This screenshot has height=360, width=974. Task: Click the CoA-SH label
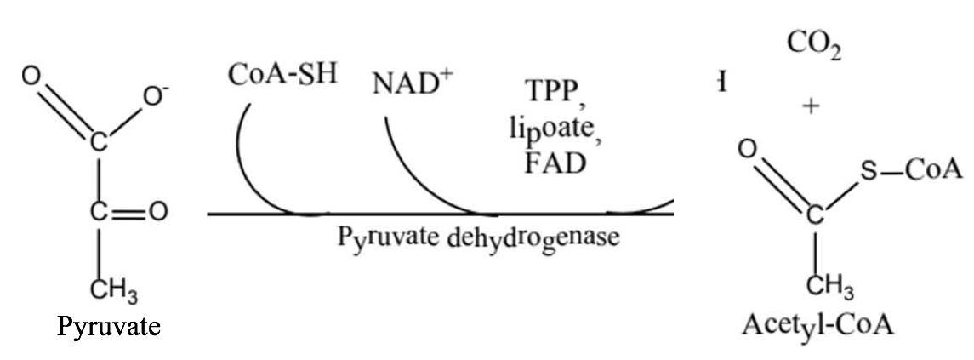282,74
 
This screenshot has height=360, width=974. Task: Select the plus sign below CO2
812,107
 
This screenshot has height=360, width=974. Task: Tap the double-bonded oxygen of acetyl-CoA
746,150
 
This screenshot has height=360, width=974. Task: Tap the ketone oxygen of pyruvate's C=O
158,212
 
